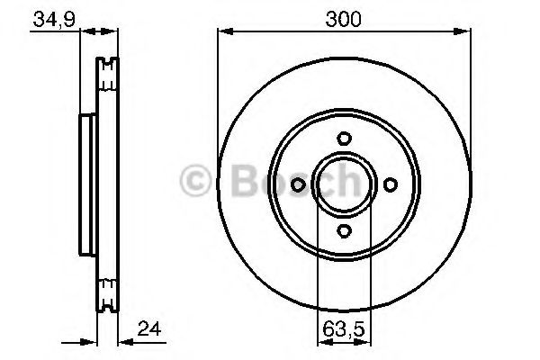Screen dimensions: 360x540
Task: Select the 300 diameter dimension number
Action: click(343, 18)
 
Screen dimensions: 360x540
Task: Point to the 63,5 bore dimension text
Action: click(343, 329)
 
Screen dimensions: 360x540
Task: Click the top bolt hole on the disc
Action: click(344, 139)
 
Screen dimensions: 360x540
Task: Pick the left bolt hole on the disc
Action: click(298, 184)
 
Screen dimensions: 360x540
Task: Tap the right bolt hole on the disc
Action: click(390, 184)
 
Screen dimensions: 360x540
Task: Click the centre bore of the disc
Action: click(344, 184)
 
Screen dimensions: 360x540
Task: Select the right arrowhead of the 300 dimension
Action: click(465, 32)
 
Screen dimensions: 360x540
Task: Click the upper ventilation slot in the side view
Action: click(108, 74)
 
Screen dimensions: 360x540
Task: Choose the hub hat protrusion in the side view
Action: click(87, 184)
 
